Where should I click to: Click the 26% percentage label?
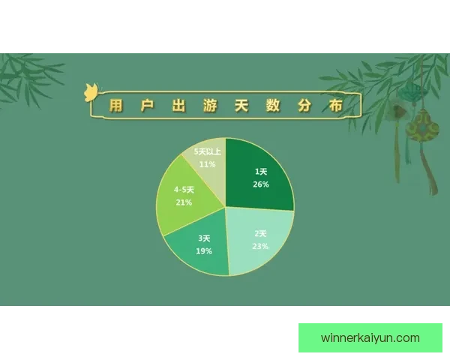pyautogui.click(x=261, y=184)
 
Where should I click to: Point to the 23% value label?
pyautogui.click(x=260, y=246)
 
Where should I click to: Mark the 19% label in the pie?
pyautogui.click(x=204, y=251)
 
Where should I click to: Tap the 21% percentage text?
pyautogui.click(x=184, y=202)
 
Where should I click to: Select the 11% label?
pyautogui.click(x=208, y=163)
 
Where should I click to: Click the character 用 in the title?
pyautogui.click(x=115, y=106)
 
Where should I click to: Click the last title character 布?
pyautogui.click(x=335, y=106)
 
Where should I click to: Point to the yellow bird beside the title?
pyautogui.click(x=91, y=92)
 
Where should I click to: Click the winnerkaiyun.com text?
pyautogui.click(x=370, y=337)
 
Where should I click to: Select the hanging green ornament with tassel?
pyautogui.click(x=421, y=131)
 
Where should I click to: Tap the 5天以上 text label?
pyautogui.click(x=208, y=151)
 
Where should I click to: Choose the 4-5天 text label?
pyautogui.click(x=184, y=190)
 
